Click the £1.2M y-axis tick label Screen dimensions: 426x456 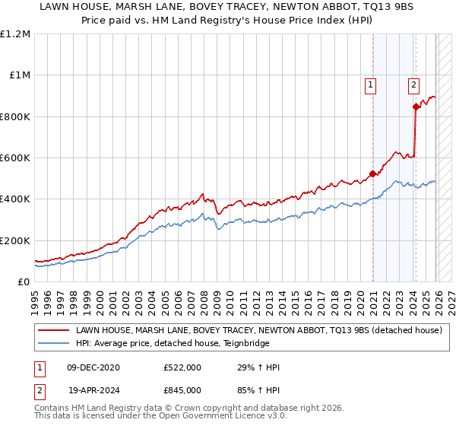[15, 34]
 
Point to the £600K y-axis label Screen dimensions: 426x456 [15, 158]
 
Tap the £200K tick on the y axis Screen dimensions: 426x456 [15, 240]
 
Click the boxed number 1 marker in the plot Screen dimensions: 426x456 [370, 86]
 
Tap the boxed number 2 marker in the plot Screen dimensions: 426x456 [413, 86]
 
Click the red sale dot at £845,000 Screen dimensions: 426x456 [416, 107]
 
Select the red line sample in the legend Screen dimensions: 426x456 [54, 331]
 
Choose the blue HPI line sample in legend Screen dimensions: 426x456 [54, 344]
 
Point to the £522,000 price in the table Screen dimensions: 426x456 [182, 367]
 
